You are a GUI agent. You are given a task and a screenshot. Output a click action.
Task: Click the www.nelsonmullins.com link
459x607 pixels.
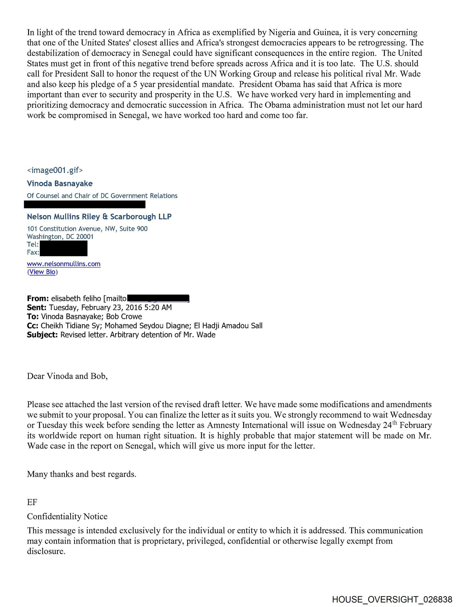pyautogui.click(x=63, y=264)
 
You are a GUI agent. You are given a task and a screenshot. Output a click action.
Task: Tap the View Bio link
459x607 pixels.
pyautogui.click(x=42, y=272)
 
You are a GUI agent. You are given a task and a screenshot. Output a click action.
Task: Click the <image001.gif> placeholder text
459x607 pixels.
pyautogui.click(x=55, y=170)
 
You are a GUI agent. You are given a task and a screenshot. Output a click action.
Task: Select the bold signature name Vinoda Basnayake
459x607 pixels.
pyautogui.click(x=60, y=183)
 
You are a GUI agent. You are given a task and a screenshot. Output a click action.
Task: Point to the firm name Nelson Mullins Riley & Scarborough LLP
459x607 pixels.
pyautogui.click(x=99, y=217)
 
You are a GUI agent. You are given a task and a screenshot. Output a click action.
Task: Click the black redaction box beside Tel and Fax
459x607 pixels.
pyautogui.click(x=63, y=248)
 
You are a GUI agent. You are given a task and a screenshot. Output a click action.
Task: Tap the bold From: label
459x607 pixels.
pyautogui.click(x=38, y=298)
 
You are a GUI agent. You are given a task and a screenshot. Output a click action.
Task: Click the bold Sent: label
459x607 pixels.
pyautogui.click(x=37, y=308)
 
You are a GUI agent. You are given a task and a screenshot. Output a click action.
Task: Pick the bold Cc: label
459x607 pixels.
pyautogui.click(x=33, y=326)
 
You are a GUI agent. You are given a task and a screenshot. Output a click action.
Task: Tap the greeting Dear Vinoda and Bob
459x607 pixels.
pyautogui.click(x=67, y=376)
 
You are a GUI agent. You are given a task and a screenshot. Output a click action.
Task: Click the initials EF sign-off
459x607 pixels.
pyautogui.click(x=32, y=502)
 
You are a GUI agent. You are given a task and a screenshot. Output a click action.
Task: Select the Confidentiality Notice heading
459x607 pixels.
pyautogui.click(x=67, y=516)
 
